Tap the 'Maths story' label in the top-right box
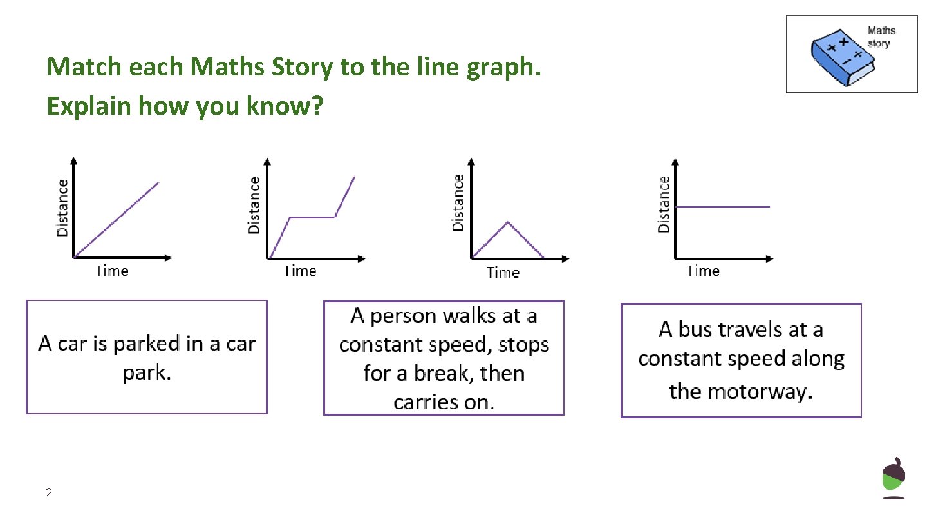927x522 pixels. pos(881,37)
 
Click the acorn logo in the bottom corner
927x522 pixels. pos(893,478)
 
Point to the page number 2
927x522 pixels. pos(49,493)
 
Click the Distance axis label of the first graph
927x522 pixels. pos(62,207)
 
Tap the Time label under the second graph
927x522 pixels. pos(300,271)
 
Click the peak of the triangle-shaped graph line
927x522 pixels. pos(508,222)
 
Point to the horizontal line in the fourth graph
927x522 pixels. pos(722,207)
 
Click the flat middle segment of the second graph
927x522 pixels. pos(312,217)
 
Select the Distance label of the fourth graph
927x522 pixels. pos(664,204)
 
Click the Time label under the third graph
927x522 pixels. pos(503,273)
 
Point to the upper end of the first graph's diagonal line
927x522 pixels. pos(158,183)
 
